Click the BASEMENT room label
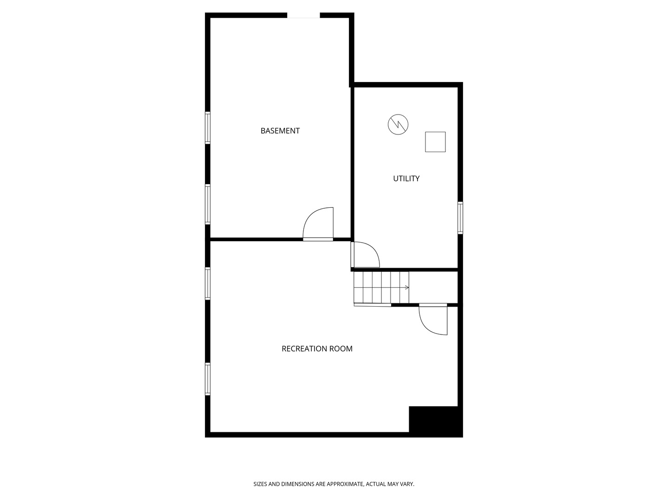280,131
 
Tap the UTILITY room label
406,179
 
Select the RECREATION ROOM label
317,348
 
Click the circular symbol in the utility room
398,124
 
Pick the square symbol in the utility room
435,142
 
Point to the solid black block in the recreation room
436,421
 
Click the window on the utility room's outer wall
460,218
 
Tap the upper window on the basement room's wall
207,128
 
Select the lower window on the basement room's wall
207,204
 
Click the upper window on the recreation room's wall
207,283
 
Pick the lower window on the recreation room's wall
207,379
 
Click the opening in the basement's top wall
303,15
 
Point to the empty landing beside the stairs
433,288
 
